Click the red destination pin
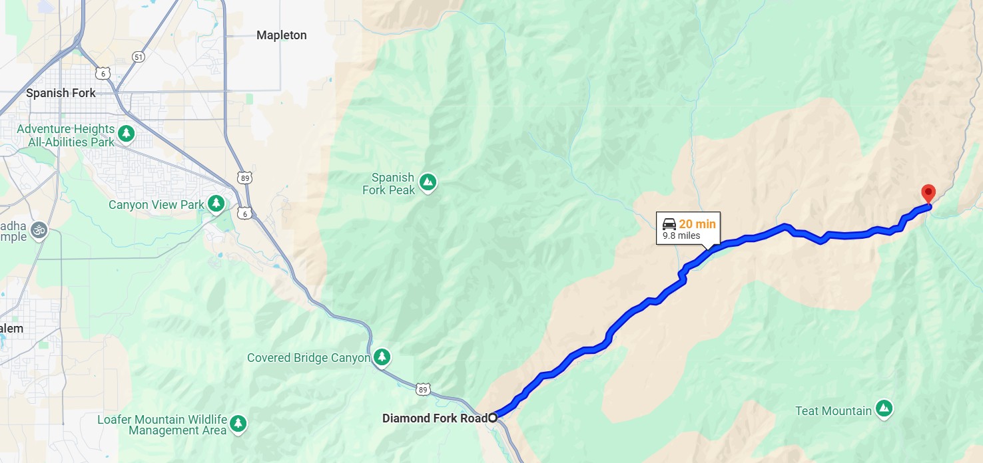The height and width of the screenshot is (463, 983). coord(928,193)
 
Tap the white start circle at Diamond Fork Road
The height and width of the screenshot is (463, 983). coord(492,418)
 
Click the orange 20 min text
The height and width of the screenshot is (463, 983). coord(697,224)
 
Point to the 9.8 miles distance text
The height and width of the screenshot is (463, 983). coord(681,236)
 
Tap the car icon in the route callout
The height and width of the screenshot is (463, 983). coord(669,224)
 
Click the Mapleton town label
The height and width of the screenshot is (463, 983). coord(282,35)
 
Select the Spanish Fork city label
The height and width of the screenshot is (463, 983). coord(61,93)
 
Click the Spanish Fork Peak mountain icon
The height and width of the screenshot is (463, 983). coord(428,181)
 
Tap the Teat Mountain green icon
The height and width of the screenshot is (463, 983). coord(884,408)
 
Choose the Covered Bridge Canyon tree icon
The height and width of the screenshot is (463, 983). coord(382,357)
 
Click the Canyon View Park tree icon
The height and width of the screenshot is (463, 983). coord(215,204)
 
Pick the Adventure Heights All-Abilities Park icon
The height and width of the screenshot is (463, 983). coord(126,134)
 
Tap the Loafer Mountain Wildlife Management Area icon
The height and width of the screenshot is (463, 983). coord(238,422)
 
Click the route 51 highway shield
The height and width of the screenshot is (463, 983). coord(138,57)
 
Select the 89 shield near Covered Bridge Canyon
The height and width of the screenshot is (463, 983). coord(423,389)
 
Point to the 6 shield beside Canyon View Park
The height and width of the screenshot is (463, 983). coord(244,213)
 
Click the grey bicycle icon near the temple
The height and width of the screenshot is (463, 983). coord(39,231)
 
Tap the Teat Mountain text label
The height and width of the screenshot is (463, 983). coord(833,411)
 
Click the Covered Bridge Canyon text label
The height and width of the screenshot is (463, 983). coord(308,358)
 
